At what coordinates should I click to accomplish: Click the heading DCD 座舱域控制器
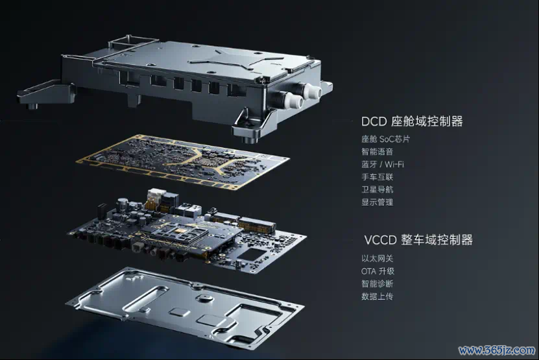(412, 121)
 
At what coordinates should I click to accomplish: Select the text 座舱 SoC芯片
(385, 139)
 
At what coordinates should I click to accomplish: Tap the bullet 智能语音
(377, 152)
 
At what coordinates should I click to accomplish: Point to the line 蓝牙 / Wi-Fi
(383, 164)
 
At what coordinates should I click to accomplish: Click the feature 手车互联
(377, 177)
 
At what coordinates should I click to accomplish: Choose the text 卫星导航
(377, 189)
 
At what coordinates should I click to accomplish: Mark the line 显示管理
(377, 202)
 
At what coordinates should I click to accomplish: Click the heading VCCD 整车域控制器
(418, 239)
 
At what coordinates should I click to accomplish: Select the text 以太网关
(377, 258)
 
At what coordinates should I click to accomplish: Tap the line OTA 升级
(377, 271)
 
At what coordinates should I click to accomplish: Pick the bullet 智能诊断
(377, 283)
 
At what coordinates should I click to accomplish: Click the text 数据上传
(377, 296)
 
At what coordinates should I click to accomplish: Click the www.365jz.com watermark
(497, 350)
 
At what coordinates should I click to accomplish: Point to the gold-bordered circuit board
(182, 161)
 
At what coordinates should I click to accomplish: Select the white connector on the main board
(154, 197)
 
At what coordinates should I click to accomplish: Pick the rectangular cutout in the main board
(252, 254)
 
